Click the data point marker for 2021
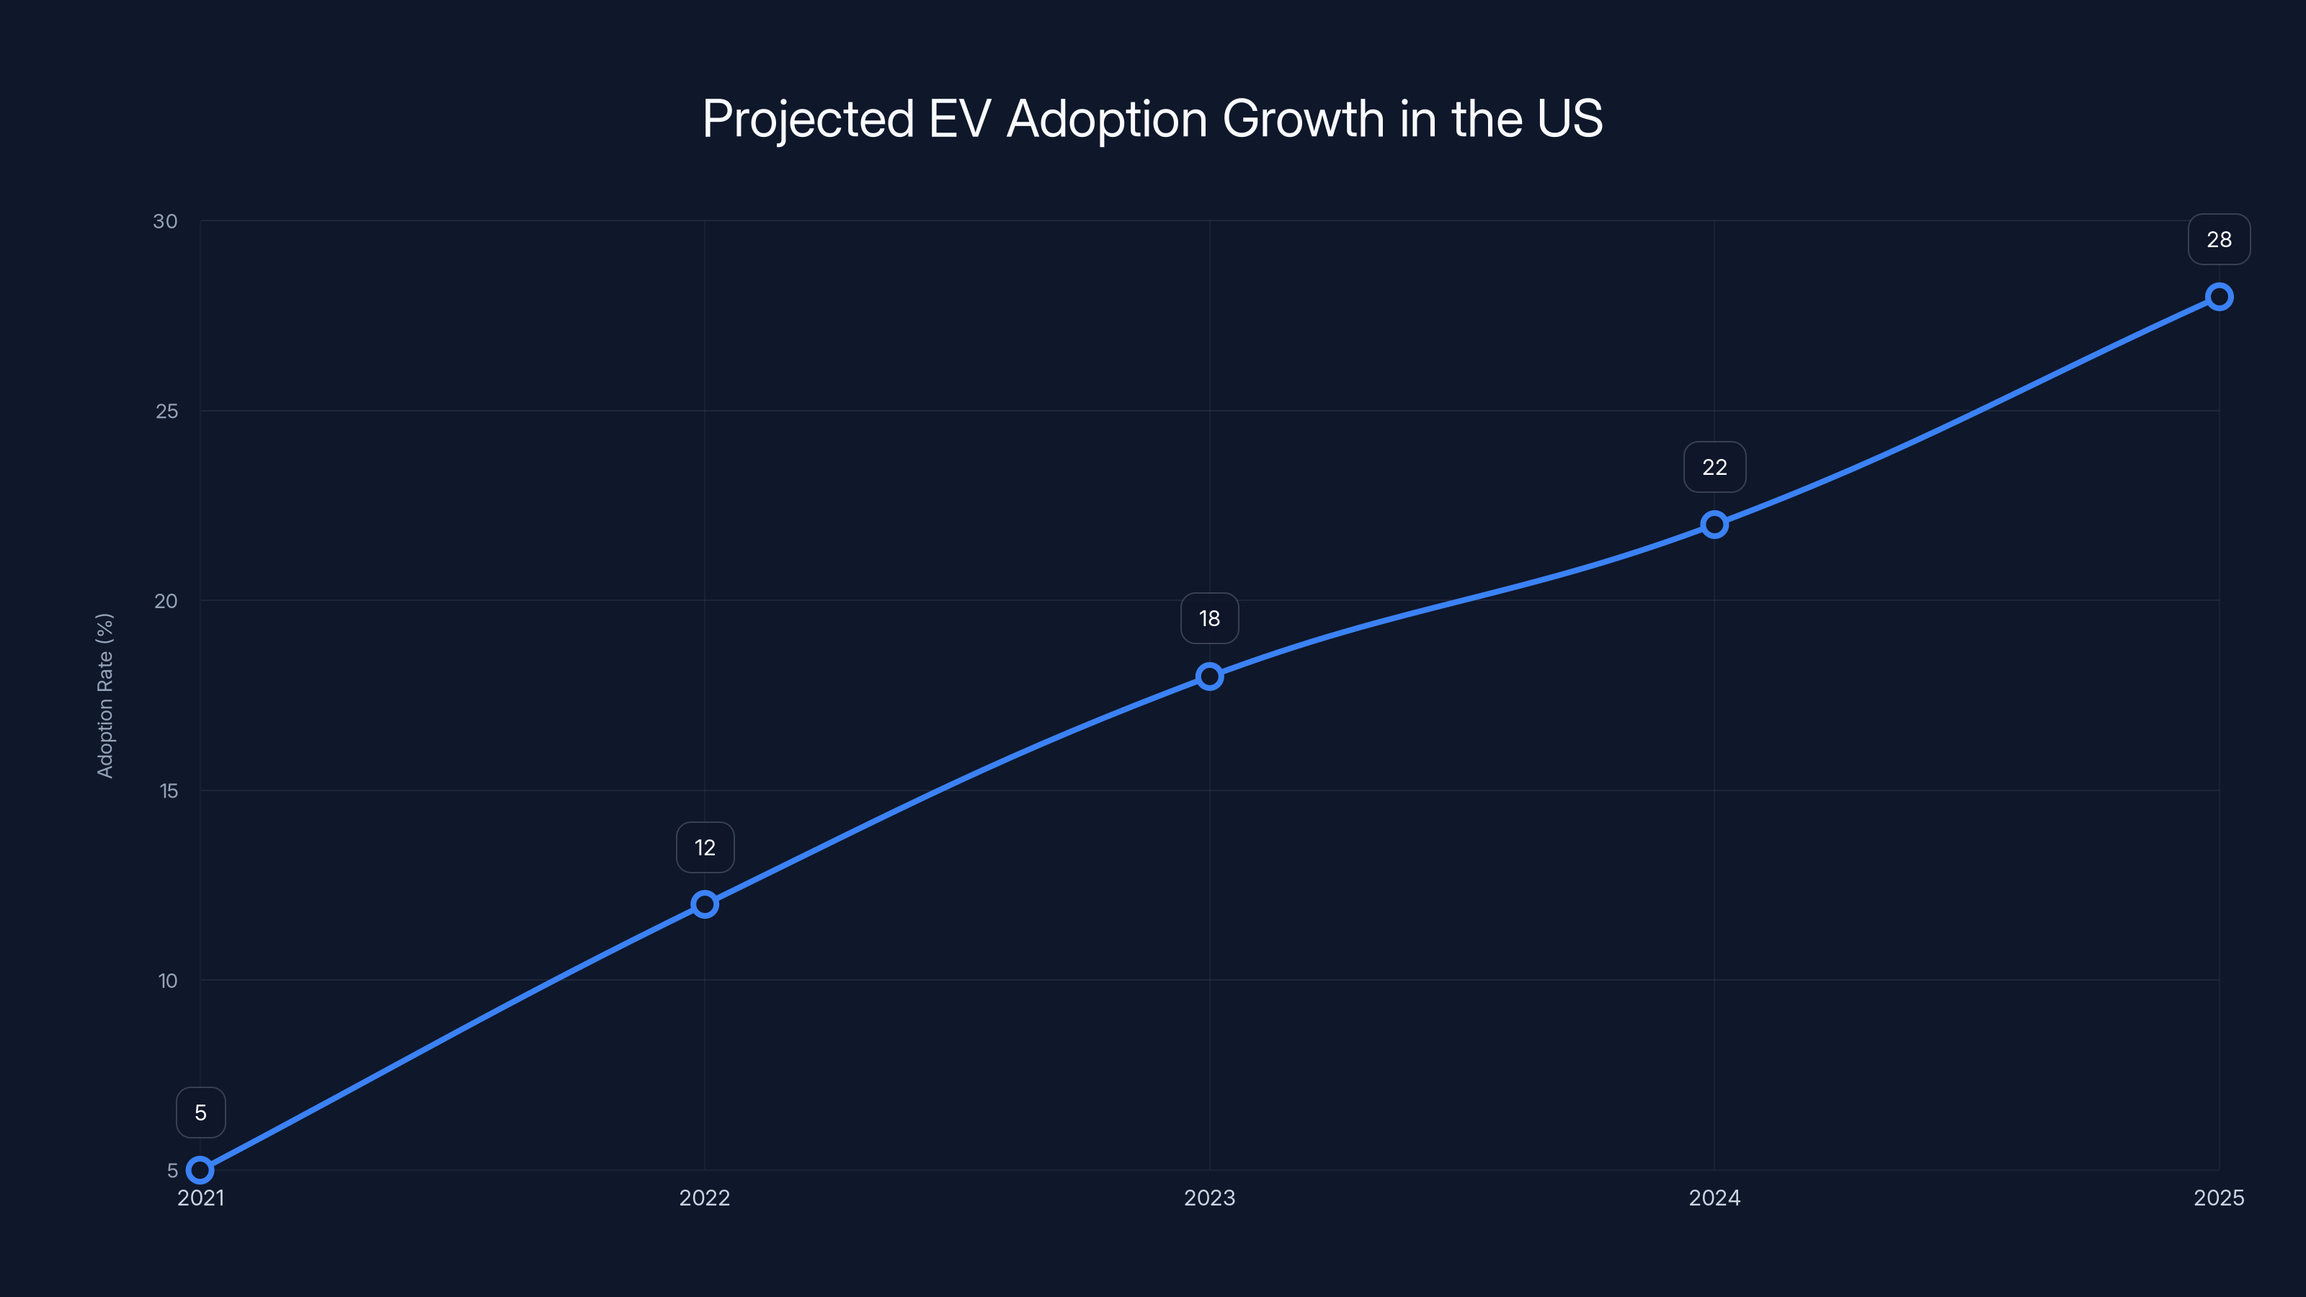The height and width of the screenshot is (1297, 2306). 200,1170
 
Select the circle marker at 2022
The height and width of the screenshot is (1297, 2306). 705,904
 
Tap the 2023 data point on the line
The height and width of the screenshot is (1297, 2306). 1209,676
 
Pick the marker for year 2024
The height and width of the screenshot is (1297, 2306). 1714,525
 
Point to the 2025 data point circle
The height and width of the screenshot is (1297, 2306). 2220,296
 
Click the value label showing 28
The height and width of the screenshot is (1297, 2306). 2220,240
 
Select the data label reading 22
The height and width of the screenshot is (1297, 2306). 1714,467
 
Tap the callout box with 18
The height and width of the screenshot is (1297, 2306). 1209,618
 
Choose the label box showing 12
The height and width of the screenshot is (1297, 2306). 705,847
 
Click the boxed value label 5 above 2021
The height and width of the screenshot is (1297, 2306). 200,1113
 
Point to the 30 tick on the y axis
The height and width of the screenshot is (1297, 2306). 166,221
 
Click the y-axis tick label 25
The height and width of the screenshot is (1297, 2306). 166,411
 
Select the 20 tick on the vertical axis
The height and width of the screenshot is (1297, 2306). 166,601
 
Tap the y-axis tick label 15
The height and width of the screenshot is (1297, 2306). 169,790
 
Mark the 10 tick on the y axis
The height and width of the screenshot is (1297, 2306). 167,981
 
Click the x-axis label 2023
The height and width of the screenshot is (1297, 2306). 1209,1198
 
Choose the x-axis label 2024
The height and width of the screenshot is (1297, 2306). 1714,1198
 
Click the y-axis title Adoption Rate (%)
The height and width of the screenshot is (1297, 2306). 104,695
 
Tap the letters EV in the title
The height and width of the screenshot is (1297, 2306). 960,119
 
